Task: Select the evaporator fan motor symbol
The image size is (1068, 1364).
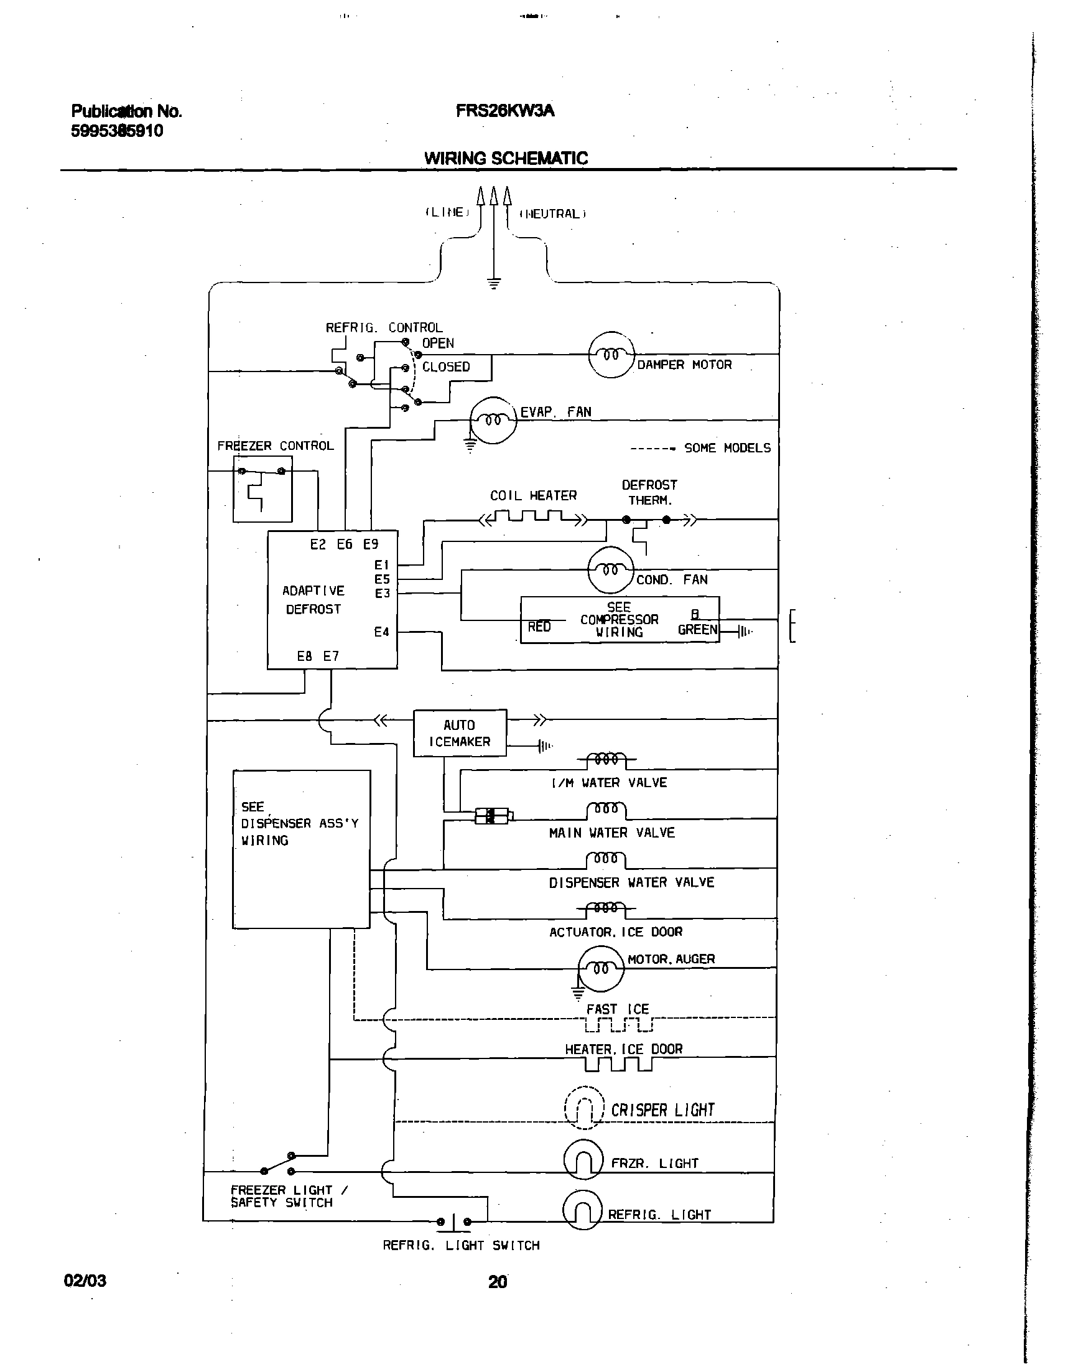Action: [x=493, y=420]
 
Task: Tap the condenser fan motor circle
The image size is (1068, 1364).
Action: [x=611, y=570]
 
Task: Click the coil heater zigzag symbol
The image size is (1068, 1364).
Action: [x=533, y=518]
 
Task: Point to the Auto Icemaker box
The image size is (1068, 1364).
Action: [x=460, y=733]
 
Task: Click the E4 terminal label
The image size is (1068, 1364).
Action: [x=381, y=632]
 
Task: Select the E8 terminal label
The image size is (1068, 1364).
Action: [x=305, y=656]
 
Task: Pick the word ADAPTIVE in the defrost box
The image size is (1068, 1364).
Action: [x=313, y=591]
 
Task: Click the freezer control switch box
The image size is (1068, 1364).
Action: [x=262, y=489]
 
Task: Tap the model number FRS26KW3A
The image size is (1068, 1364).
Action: [x=504, y=111]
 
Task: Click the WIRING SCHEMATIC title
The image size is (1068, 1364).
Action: [x=505, y=158]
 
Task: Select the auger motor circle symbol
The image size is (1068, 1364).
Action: [x=601, y=969]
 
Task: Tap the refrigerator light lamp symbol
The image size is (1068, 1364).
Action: [x=583, y=1210]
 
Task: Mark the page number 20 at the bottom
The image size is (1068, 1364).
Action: [x=497, y=1282]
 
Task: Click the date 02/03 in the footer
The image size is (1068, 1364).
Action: [x=85, y=1281]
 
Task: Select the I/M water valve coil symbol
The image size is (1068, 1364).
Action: [x=606, y=759]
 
